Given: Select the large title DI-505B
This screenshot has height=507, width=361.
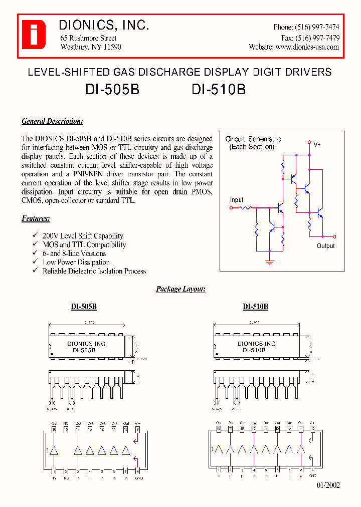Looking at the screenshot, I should [112, 90].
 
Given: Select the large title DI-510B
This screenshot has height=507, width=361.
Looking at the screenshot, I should [219, 90].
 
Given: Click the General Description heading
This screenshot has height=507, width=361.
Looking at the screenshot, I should [52, 121].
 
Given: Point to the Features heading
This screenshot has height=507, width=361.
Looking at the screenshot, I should [36, 218].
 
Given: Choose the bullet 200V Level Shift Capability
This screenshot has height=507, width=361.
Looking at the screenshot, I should [83, 236].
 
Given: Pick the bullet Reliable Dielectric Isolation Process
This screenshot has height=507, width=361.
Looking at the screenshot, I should [94, 271].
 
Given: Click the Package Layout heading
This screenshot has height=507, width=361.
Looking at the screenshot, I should [180, 289].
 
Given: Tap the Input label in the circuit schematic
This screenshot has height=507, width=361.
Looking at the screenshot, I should [237, 200].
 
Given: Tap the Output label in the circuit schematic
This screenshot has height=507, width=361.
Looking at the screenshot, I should [325, 246].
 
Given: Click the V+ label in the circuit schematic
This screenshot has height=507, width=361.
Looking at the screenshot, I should [317, 144].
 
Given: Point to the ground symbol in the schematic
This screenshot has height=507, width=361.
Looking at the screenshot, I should [270, 261].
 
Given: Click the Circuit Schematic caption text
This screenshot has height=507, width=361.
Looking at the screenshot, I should [253, 139].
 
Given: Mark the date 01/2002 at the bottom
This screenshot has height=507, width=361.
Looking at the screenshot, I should [328, 485].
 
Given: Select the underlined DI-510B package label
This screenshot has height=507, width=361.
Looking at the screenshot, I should [255, 307].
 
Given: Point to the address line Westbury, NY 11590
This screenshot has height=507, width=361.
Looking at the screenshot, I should [90, 47].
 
